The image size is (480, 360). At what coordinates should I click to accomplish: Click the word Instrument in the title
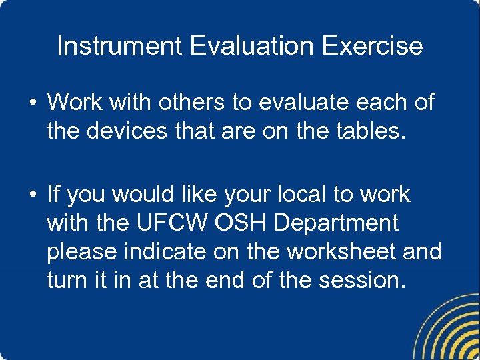tap(119, 46)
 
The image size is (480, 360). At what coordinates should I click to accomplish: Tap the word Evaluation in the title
tap(252, 46)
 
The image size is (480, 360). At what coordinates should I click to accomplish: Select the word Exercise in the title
tap(373, 46)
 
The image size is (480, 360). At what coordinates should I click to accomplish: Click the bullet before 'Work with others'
tap(32, 103)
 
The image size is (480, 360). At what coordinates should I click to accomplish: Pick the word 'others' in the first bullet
tap(193, 103)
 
